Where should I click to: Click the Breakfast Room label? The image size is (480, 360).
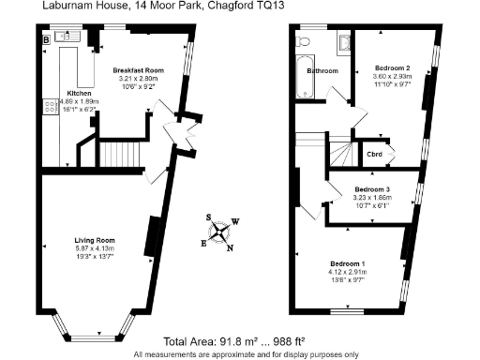pyautogui.click(x=139, y=70)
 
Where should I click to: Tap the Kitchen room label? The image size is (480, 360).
pyautogui.click(x=79, y=94)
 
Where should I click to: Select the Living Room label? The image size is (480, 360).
pyautogui.click(x=94, y=240)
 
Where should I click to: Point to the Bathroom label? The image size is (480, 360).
pyautogui.click(x=323, y=70)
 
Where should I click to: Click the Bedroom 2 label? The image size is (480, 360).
pyautogui.click(x=393, y=67)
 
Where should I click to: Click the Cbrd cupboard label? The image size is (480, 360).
pyautogui.click(x=374, y=153)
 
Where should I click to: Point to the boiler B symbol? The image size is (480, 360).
pyautogui.click(x=46, y=39)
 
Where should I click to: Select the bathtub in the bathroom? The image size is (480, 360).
pyautogui.click(x=302, y=77)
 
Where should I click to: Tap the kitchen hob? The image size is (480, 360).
pyautogui.click(x=49, y=106)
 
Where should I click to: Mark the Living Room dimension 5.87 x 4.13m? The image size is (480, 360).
pyautogui.click(x=94, y=247)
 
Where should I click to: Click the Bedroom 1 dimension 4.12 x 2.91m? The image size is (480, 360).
pyautogui.click(x=346, y=271)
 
